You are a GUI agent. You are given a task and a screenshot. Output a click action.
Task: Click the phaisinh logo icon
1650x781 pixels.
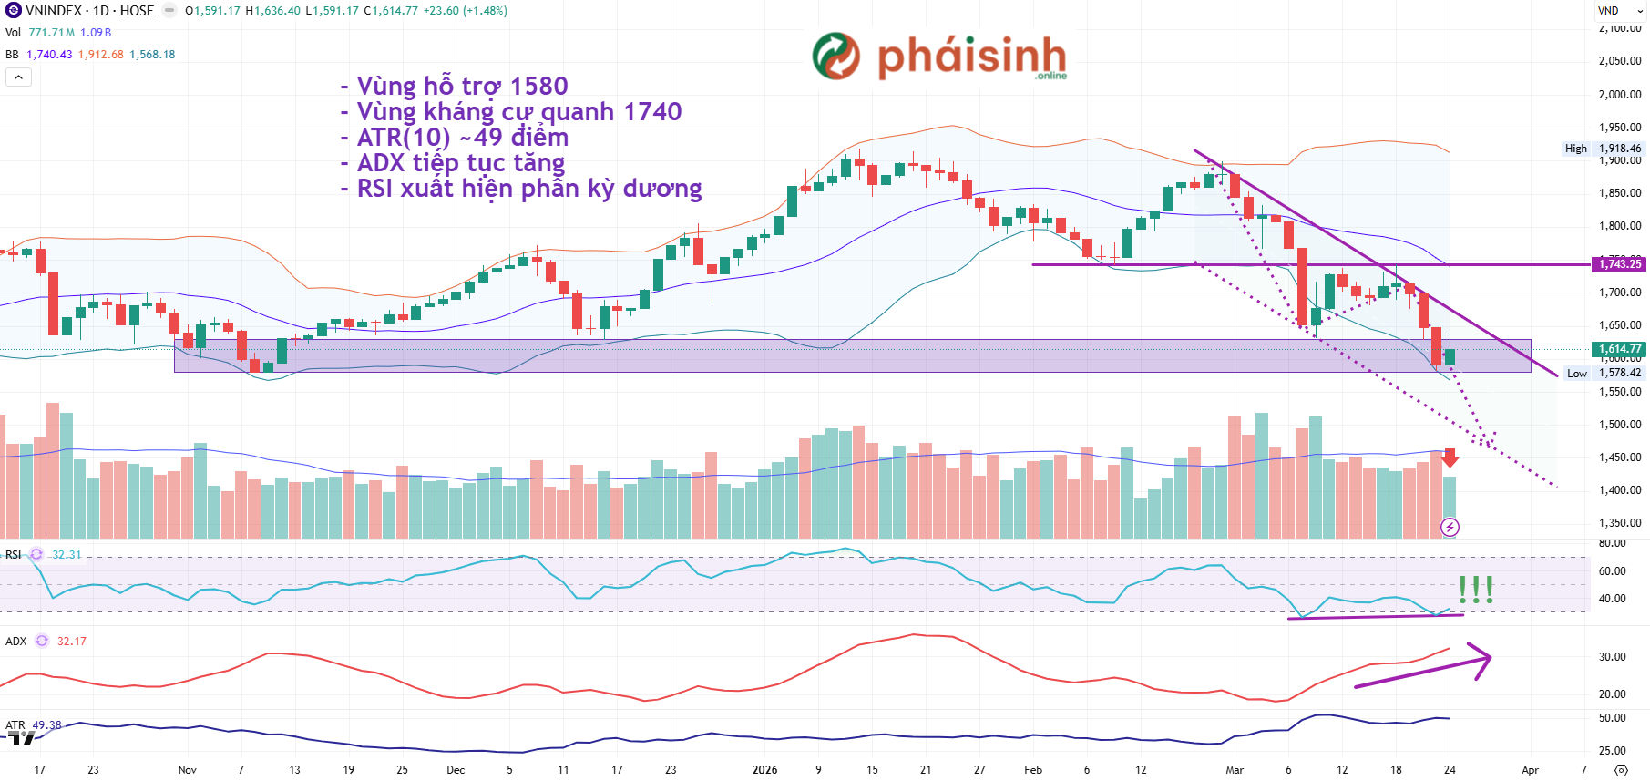click(835, 56)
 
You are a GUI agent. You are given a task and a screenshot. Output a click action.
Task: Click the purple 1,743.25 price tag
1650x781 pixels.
click(1619, 264)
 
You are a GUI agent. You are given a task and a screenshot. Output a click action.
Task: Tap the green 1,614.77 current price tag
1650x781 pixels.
click(1619, 349)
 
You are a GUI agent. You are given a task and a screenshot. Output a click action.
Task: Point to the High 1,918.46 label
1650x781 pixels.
click(1603, 149)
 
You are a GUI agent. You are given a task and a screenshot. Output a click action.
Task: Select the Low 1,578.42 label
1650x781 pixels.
click(1604, 373)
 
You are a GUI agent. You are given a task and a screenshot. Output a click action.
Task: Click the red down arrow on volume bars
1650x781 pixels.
click(1450, 458)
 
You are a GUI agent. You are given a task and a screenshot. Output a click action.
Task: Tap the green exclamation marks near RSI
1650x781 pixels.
click(1475, 590)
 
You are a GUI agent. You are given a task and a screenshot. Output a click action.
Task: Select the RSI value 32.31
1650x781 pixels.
click(67, 554)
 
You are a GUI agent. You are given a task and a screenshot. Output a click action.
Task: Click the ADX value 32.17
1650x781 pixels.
click(72, 642)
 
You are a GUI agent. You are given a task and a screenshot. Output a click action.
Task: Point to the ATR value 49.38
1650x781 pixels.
click(47, 725)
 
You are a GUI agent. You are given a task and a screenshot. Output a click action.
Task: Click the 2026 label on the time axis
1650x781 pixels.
click(764, 770)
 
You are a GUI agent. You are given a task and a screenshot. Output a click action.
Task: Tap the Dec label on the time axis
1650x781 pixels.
click(456, 770)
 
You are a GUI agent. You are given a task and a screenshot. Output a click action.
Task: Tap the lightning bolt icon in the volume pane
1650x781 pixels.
click(1450, 527)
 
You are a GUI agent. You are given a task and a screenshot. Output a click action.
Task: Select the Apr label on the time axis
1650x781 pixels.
click(1530, 770)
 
